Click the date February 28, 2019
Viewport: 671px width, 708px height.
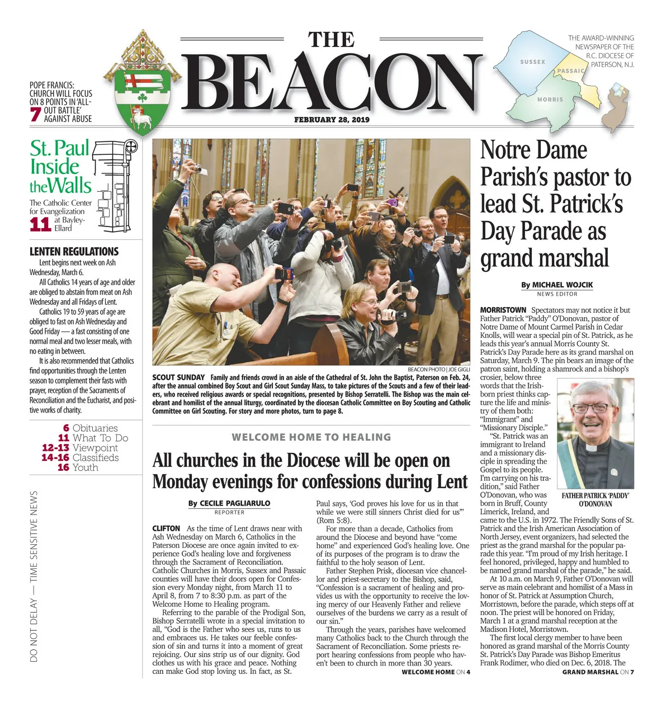click(332, 120)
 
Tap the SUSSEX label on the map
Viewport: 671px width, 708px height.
click(532, 62)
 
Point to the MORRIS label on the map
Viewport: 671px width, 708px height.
click(550, 100)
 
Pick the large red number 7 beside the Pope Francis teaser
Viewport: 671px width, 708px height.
click(35, 114)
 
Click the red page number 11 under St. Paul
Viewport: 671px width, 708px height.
click(40, 224)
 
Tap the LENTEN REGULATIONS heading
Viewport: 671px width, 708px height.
click(74, 252)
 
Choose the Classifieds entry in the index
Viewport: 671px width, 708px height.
click(96, 457)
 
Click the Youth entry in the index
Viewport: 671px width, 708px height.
click(86, 468)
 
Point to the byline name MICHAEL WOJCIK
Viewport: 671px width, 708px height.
click(562, 285)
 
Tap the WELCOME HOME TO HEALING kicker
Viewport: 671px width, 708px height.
click(311, 437)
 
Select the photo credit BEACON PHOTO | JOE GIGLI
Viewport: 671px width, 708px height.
click(438, 370)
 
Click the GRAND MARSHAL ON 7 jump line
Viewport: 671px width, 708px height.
click(598, 672)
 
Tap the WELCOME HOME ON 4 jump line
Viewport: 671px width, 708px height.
click(436, 672)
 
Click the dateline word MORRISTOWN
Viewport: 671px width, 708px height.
click(503, 310)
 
